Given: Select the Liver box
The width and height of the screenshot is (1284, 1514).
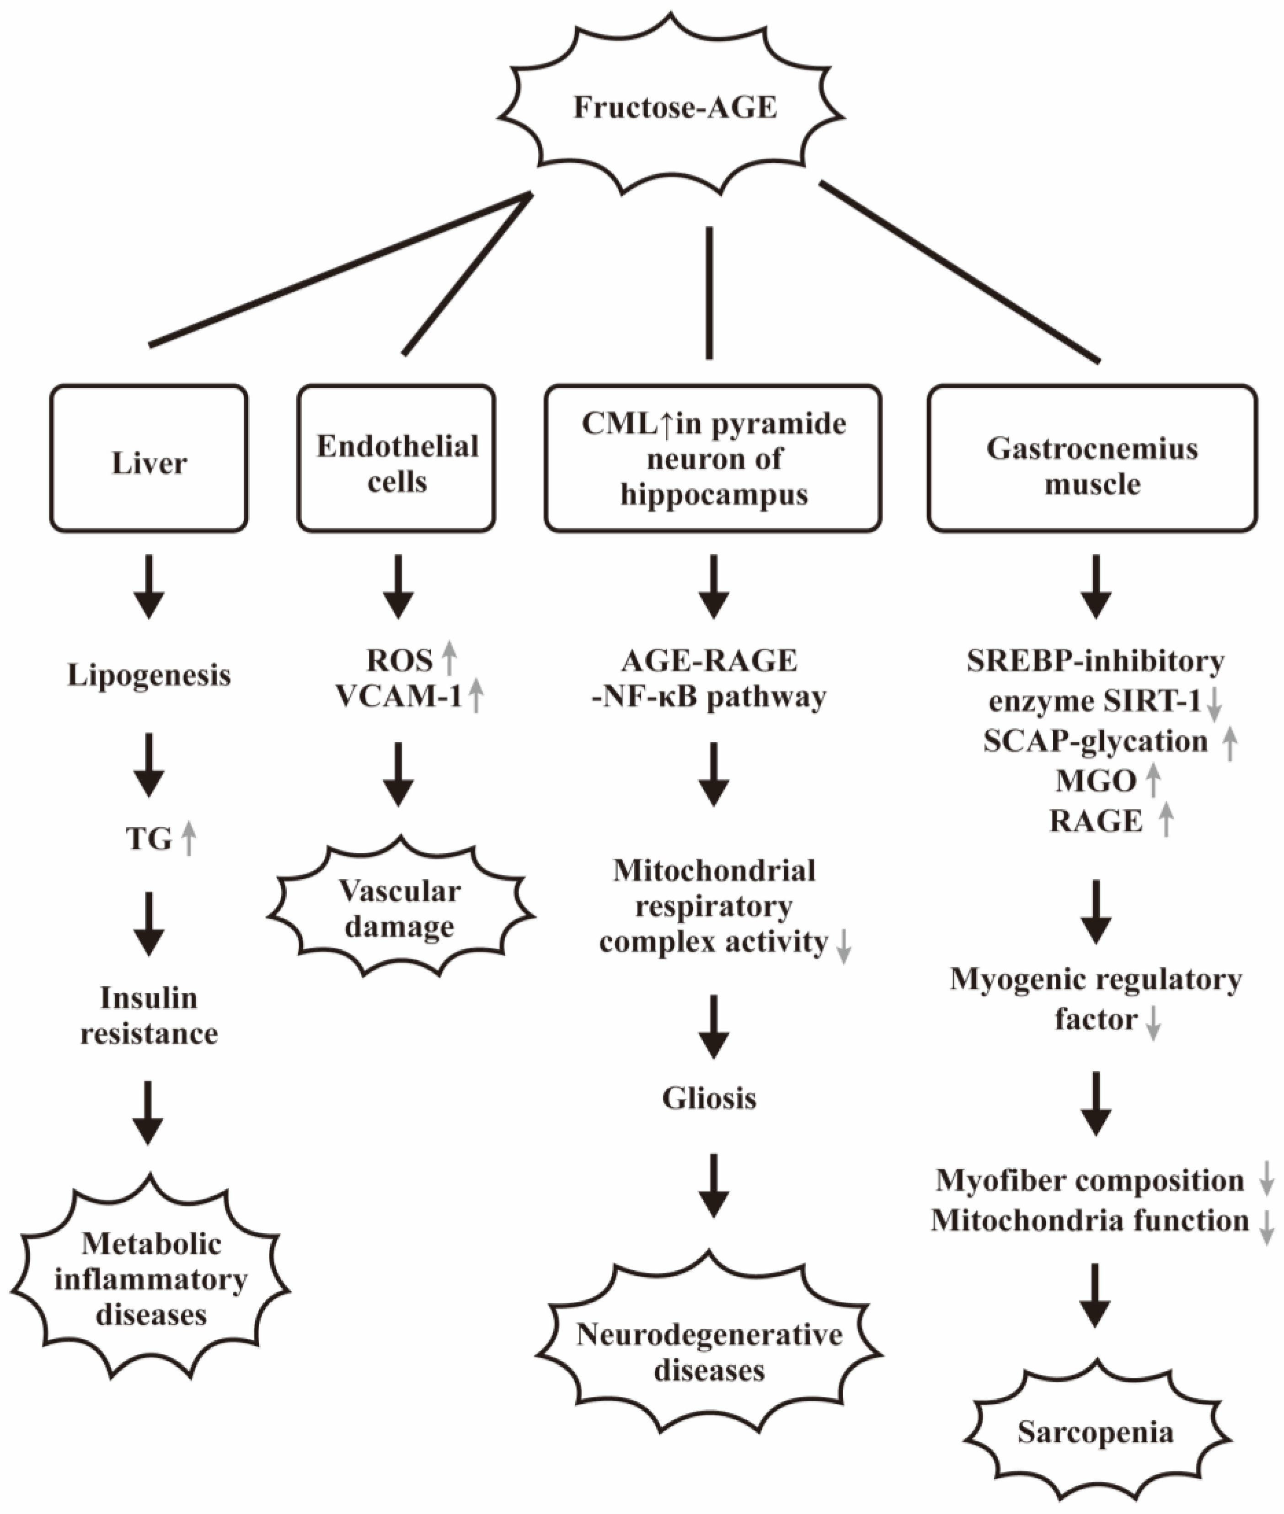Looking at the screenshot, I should (149, 459).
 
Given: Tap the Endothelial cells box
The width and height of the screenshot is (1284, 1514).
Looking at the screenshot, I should (397, 459).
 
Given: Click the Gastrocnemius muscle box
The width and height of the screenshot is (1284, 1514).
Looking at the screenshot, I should (1092, 459).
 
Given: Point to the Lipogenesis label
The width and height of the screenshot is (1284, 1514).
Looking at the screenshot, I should (149, 675).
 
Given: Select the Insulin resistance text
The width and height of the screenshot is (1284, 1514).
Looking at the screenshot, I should (149, 1016).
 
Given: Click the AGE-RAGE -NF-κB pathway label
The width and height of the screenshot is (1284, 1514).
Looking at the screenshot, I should (710, 679).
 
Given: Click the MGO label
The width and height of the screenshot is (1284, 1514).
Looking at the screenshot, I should (1096, 781).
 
